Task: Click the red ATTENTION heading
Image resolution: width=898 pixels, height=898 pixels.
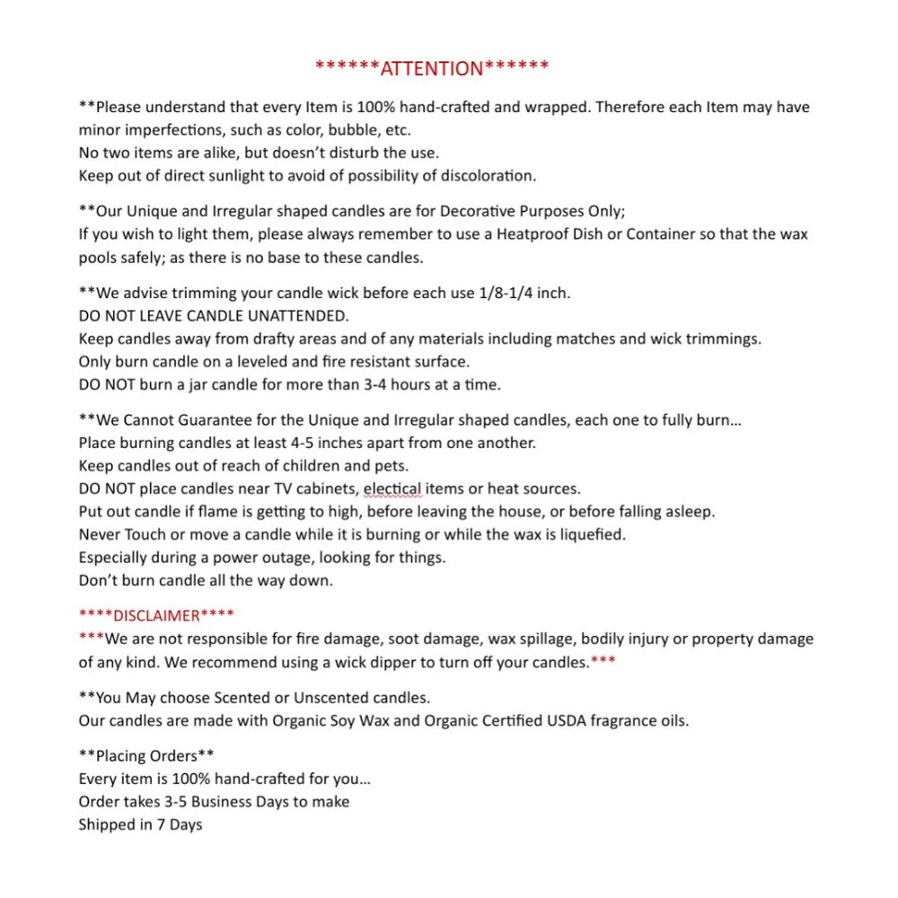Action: [x=432, y=67]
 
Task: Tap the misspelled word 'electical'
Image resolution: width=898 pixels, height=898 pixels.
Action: [x=392, y=489]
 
